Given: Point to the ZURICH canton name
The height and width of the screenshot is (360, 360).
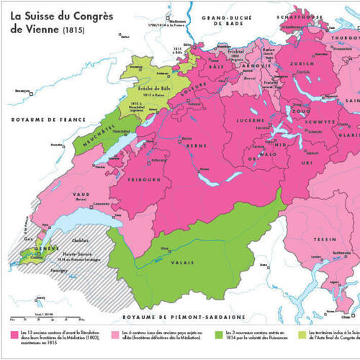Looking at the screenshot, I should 300,63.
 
